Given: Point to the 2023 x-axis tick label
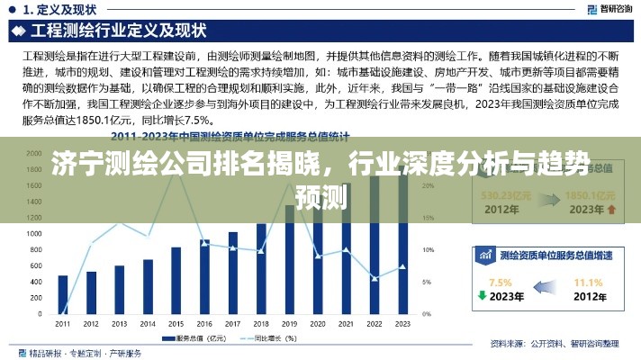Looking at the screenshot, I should pyautogui.click(x=402, y=323).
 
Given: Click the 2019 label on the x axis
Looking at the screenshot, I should pyautogui.click(x=289, y=323).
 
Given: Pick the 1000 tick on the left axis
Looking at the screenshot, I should pyautogui.click(x=35, y=233).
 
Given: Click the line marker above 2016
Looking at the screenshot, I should pyautogui.click(x=204, y=243).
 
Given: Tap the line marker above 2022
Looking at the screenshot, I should pyautogui.click(x=375, y=277).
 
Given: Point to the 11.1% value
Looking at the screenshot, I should pyautogui.click(x=588, y=282).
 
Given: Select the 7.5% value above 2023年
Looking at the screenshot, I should pyautogui.click(x=500, y=282).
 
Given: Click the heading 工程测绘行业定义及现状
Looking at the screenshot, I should pyautogui.click(x=113, y=30).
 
